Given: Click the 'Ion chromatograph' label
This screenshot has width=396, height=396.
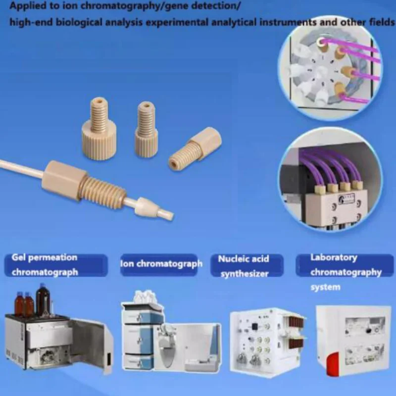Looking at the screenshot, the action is click(x=161, y=264).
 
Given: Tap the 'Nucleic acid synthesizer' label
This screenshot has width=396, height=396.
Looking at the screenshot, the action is click(x=244, y=266).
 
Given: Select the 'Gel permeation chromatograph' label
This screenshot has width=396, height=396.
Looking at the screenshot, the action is click(x=45, y=265).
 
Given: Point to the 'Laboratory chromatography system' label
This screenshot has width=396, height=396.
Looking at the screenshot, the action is click(x=346, y=272).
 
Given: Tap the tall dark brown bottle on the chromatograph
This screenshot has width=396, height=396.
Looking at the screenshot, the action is click(x=43, y=300).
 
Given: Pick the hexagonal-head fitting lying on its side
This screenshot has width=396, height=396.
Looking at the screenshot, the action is click(x=195, y=149).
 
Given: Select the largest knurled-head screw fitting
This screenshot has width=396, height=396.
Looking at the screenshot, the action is click(x=99, y=129).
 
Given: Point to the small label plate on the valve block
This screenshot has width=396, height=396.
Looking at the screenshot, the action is click(x=346, y=198).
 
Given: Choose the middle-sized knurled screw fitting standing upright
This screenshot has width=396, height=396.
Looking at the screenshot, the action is click(x=146, y=129).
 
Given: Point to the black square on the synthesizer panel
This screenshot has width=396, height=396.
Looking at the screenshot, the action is click(x=254, y=326).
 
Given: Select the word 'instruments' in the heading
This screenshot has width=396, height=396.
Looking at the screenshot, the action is click(x=288, y=22).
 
